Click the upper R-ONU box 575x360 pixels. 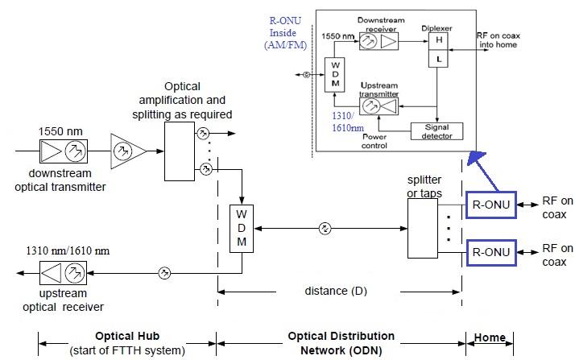click(x=490, y=205)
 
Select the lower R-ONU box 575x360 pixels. click(x=490, y=253)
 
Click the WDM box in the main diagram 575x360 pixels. click(x=242, y=230)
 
